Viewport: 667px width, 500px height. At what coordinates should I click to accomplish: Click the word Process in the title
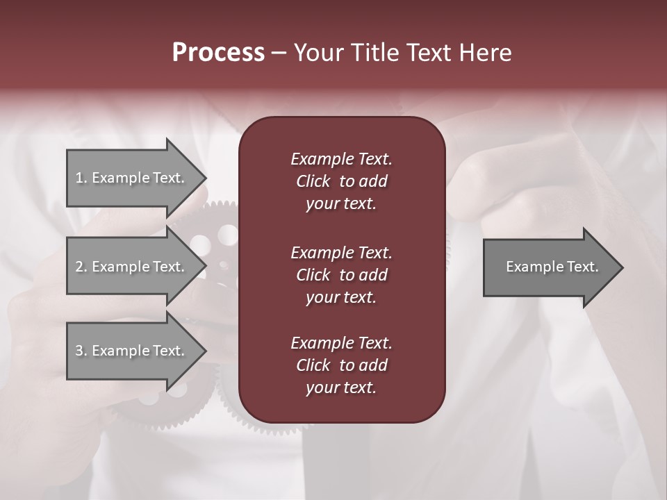click(x=218, y=53)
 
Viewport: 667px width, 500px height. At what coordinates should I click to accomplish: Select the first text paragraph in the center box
click(x=341, y=181)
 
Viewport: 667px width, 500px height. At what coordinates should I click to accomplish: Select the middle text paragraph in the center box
click(x=341, y=274)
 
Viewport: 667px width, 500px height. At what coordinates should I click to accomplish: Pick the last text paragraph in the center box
click(x=341, y=365)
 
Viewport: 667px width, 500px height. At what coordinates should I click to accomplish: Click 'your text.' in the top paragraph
click(x=341, y=204)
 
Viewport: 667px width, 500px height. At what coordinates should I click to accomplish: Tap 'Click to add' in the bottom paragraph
click(x=341, y=365)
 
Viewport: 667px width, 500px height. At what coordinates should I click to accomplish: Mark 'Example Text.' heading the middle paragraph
click(x=341, y=252)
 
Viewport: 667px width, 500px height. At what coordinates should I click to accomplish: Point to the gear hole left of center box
click(x=201, y=244)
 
